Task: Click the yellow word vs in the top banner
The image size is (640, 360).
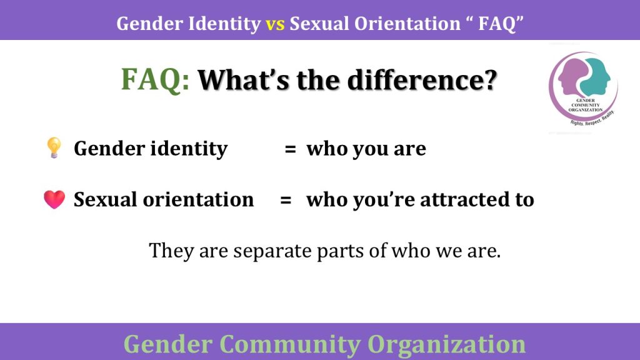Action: pyautogui.click(x=275, y=24)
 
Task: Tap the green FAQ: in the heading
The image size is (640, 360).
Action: pyautogui.click(x=156, y=80)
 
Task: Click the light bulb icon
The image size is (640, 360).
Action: pyautogui.click(x=54, y=147)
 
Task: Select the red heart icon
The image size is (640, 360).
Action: pyautogui.click(x=54, y=199)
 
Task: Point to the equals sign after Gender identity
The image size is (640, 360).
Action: pyautogui.click(x=290, y=149)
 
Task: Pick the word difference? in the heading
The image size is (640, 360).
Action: pyautogui.click(x=422, y=80)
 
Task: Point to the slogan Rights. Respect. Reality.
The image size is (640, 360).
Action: pyautogui.click(x=592, y=119)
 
